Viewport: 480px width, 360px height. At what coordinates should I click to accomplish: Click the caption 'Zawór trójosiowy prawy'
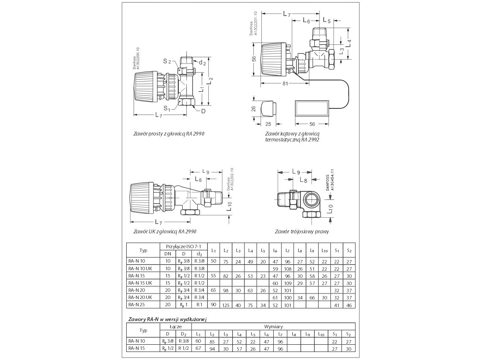pos(302,232)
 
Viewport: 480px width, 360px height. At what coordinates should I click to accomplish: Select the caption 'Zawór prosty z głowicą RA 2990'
pos(169,133)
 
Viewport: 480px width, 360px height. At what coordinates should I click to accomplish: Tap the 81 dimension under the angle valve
pos(285,83)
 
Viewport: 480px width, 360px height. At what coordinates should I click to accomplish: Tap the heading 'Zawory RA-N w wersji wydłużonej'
pos(169,319)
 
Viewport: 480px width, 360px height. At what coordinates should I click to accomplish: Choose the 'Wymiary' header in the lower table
pos(273,327)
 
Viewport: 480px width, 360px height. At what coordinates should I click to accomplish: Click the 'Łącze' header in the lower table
pos(176,327)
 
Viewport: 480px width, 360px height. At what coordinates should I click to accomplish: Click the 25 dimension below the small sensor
pos(268,125)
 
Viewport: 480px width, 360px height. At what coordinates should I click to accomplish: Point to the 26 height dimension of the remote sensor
pos(254,108)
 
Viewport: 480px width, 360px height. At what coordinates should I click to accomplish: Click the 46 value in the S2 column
pos(350,305)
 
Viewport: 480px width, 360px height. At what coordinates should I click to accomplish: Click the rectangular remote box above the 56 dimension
pos(312,108)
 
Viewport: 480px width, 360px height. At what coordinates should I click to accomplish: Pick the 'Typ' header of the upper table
pos(143,250)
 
